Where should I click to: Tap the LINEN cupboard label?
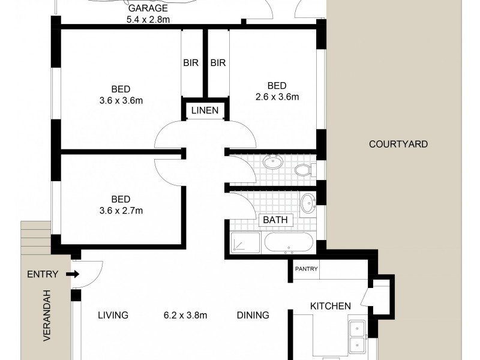205,110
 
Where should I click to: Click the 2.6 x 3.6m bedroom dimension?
277,96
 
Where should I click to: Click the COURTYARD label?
398,144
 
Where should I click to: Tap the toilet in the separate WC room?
305,170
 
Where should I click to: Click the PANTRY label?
306,269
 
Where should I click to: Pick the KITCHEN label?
330,306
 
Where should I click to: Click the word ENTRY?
43,275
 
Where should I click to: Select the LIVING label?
113,315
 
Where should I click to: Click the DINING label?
252,315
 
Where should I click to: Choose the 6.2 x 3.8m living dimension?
185,315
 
